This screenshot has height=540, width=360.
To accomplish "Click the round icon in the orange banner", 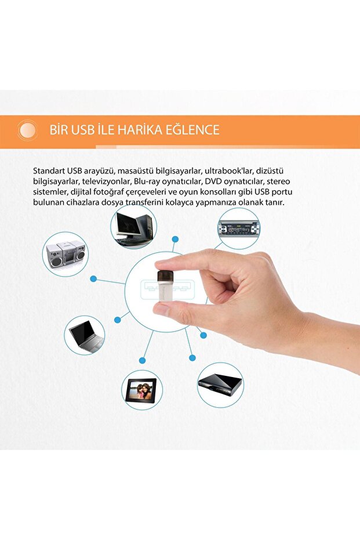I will [x=27, y=130].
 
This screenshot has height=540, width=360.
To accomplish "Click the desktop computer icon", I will [x=133, y=227].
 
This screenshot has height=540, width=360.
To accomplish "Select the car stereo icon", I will [x=238, y=228].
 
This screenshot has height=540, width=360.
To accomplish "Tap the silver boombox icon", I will [x=65, y=254].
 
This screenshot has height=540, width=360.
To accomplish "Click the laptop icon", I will [x=85, y=335].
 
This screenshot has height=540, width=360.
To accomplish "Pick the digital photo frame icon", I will [x=142, y=390].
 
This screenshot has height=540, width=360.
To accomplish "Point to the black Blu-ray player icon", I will [x=220, y=384].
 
